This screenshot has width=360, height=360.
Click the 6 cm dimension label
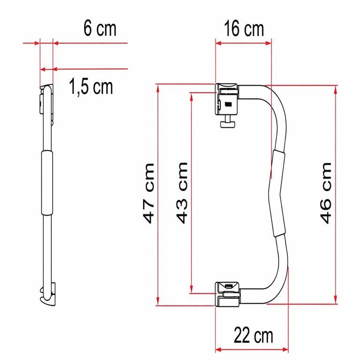100,29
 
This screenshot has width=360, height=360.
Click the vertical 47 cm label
149,193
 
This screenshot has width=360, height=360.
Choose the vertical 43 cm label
182,193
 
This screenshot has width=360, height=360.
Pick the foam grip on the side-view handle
47,183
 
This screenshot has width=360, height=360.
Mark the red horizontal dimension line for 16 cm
243,43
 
